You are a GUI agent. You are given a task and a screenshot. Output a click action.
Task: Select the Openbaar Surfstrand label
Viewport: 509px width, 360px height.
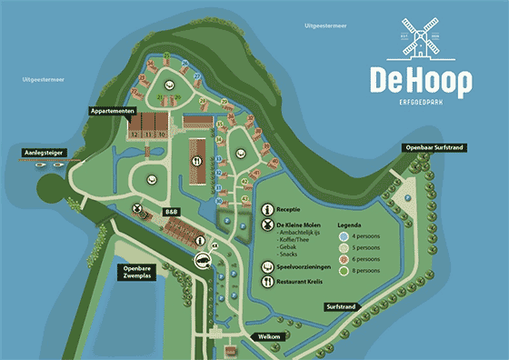(435, 146)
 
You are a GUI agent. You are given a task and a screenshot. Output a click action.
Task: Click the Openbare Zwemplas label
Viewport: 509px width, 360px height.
(145, 274)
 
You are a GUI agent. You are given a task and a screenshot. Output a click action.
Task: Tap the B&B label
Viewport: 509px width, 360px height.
(171, 212)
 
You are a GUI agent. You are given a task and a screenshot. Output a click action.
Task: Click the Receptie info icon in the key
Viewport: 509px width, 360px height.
(267, 207)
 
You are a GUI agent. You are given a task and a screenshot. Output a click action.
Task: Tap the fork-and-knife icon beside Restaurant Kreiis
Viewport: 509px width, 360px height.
(267, 282)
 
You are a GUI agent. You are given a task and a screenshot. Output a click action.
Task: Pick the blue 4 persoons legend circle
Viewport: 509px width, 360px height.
(344, 235)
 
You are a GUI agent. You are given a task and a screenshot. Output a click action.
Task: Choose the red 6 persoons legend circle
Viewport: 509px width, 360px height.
(344, 258)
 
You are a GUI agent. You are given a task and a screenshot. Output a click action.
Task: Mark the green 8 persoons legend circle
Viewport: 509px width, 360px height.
(344, 270)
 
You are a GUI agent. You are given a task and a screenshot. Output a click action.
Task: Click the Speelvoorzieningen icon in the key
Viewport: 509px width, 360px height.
(267, 266)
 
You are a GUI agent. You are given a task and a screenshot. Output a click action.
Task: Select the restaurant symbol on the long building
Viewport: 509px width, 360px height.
(196, 158)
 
